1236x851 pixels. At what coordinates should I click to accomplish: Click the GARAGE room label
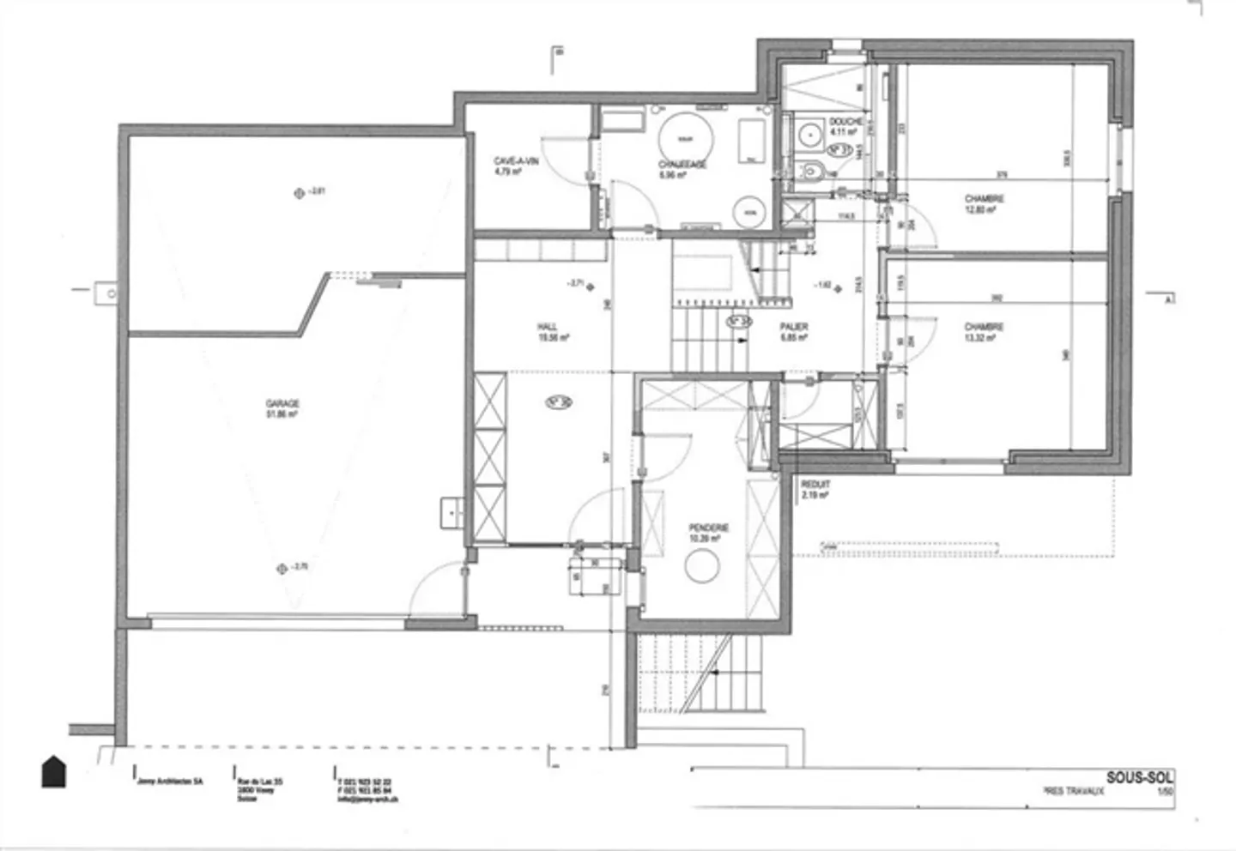[x=282, y=408]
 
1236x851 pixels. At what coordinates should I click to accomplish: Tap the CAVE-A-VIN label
[x=515, y=166]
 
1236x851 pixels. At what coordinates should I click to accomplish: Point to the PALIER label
[x=793, y=332]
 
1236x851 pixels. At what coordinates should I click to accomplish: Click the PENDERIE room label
[x=708, y=533]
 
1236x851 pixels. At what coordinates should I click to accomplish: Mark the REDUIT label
[x=815, y=490]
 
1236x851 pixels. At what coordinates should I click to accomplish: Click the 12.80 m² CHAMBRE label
[x=984, y=204]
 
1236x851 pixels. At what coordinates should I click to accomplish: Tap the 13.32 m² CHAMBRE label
[x=984, y=332]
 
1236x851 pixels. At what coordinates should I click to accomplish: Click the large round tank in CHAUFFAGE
[x=685, y=138]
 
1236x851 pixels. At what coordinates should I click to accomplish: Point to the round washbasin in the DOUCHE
[x=809, y=135]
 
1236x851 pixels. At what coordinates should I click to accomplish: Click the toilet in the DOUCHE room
[x=811, y=172]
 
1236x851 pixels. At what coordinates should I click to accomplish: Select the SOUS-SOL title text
[x=1139, y=777]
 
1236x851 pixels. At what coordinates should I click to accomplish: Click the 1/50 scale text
[x=1165, y=792]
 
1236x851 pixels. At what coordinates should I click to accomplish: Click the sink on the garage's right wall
[x=451, y=512]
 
